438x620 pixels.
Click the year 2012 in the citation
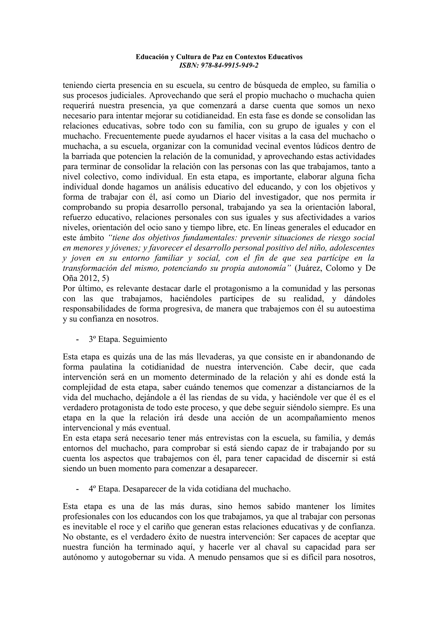[88, 278]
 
